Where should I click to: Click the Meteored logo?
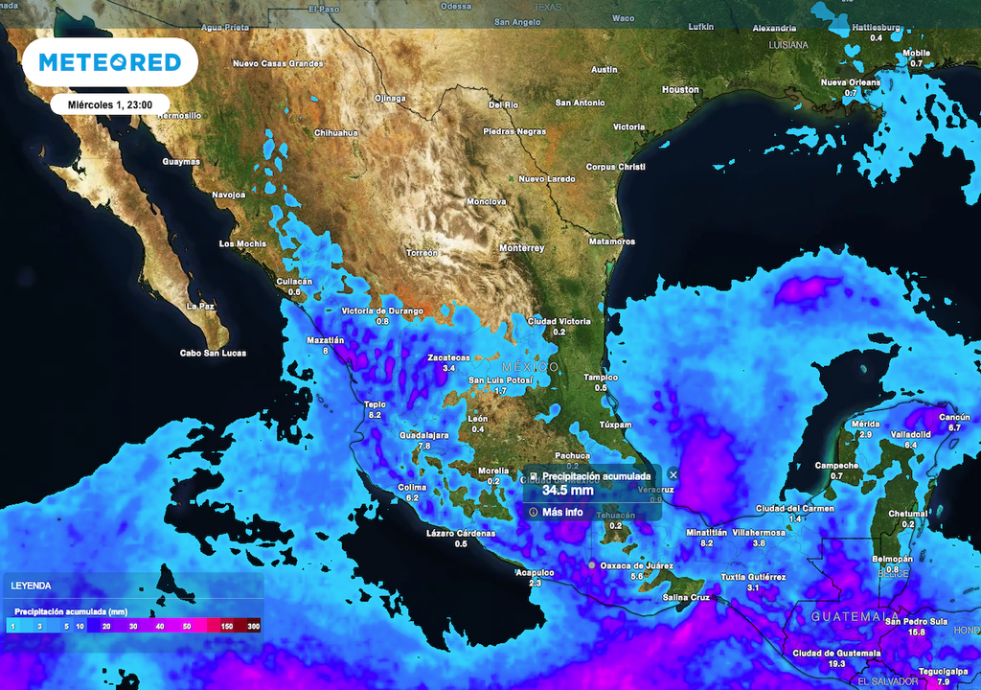pyautogui.click(x=109, y=62)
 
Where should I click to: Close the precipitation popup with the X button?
pyautogui.click(x=673, y=474)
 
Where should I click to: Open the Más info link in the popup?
pyautogui.click(x=562, y=512)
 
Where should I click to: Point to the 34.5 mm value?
pyautogui.click(x=567, y=491)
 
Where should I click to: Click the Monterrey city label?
pyautogui.click(x=521, y=248)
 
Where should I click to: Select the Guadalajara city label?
pyautogui.click(x=423, y=435)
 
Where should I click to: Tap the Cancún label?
pyautogui.click(x=954, y=417)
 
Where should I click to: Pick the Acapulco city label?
pyautogui.click(x=536, y=572)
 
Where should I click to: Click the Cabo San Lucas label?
pyautogui.click(x=213, y=354)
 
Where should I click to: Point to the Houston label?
pyautogui.click(x=680, y=89)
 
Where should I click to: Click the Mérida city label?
pyautogui.click(x=865, y=424)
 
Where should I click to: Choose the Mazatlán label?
pyautogui.click(x=325, y=340)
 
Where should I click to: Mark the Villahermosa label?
pyautogui.click(x=760, y=531)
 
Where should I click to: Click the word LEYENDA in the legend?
pyautogui.click(x=32, y=585)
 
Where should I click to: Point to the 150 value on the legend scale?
pyautogui.click(x=227, y=626)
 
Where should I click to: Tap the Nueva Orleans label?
pyautogui.click(x=850, y=82)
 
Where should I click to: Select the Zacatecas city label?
pyautogui.click(x=448, y=357)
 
